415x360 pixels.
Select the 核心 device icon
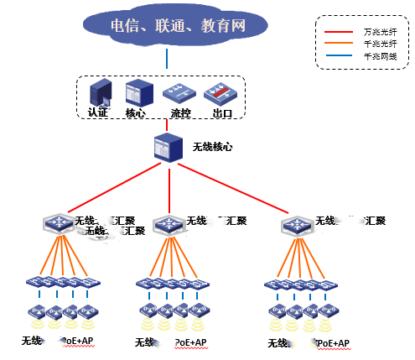coord(135,91)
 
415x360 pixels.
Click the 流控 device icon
coord(178,91)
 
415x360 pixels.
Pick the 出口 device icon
coord(221,91)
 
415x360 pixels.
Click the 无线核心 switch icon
coord(168,148)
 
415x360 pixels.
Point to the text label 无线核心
coord(212,147)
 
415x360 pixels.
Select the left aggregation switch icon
coord(58,223)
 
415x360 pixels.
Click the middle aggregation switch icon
coord(169,224)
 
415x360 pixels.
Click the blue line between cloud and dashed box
coord(167,59)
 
